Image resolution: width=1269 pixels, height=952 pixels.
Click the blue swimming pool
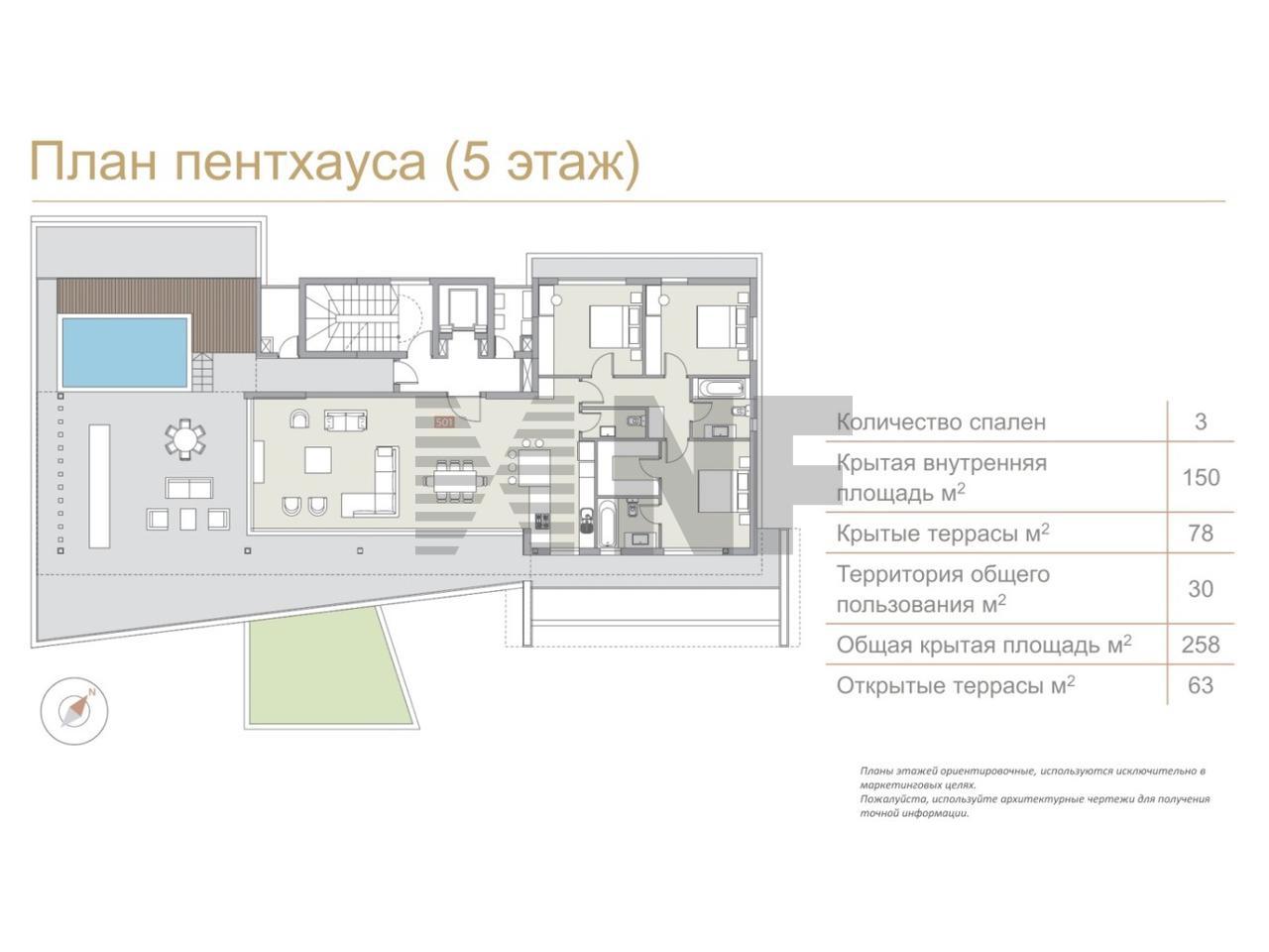pos(125,352)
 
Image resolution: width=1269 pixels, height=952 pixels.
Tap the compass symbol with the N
pos(74,710)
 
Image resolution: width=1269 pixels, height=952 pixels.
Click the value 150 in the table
pos(1201,477)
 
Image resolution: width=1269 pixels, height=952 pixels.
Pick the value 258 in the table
pos(1201,644)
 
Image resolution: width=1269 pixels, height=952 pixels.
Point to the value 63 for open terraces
pos(1201,685)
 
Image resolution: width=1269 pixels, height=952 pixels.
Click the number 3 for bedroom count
pos(1201,422)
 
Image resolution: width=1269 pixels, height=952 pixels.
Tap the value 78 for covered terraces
pos(1201,533)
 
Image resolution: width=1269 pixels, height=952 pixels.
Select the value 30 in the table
pos(1201,588)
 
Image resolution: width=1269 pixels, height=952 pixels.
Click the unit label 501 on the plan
pos(444,422)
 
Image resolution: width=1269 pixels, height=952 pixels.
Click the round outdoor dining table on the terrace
pos(184,439)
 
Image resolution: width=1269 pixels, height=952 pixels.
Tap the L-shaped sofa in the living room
pos(371,482)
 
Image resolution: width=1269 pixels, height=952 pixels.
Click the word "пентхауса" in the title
pos(300,163)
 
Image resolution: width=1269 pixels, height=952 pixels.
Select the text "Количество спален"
pos(941,422)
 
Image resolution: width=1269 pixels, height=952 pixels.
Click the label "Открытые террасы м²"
pos(956,685)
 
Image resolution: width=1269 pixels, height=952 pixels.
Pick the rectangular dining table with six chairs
pos(449,480)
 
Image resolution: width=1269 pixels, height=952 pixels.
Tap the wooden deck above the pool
pos(156,312)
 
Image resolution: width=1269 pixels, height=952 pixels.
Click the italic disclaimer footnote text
pos(1034,791)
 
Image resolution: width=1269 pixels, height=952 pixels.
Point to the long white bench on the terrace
pos(99,486)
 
